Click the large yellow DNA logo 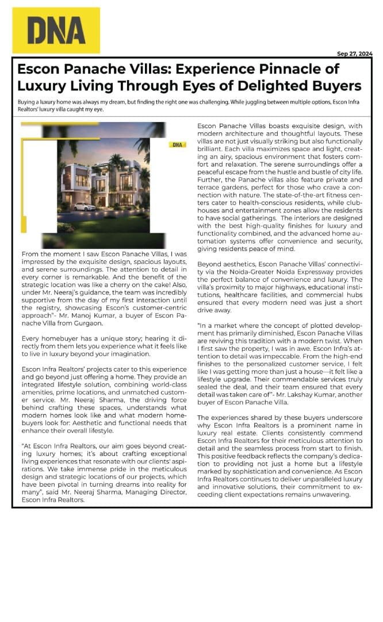click(56, 30)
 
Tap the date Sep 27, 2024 click(354, 54)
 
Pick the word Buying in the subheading click(27, 101)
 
